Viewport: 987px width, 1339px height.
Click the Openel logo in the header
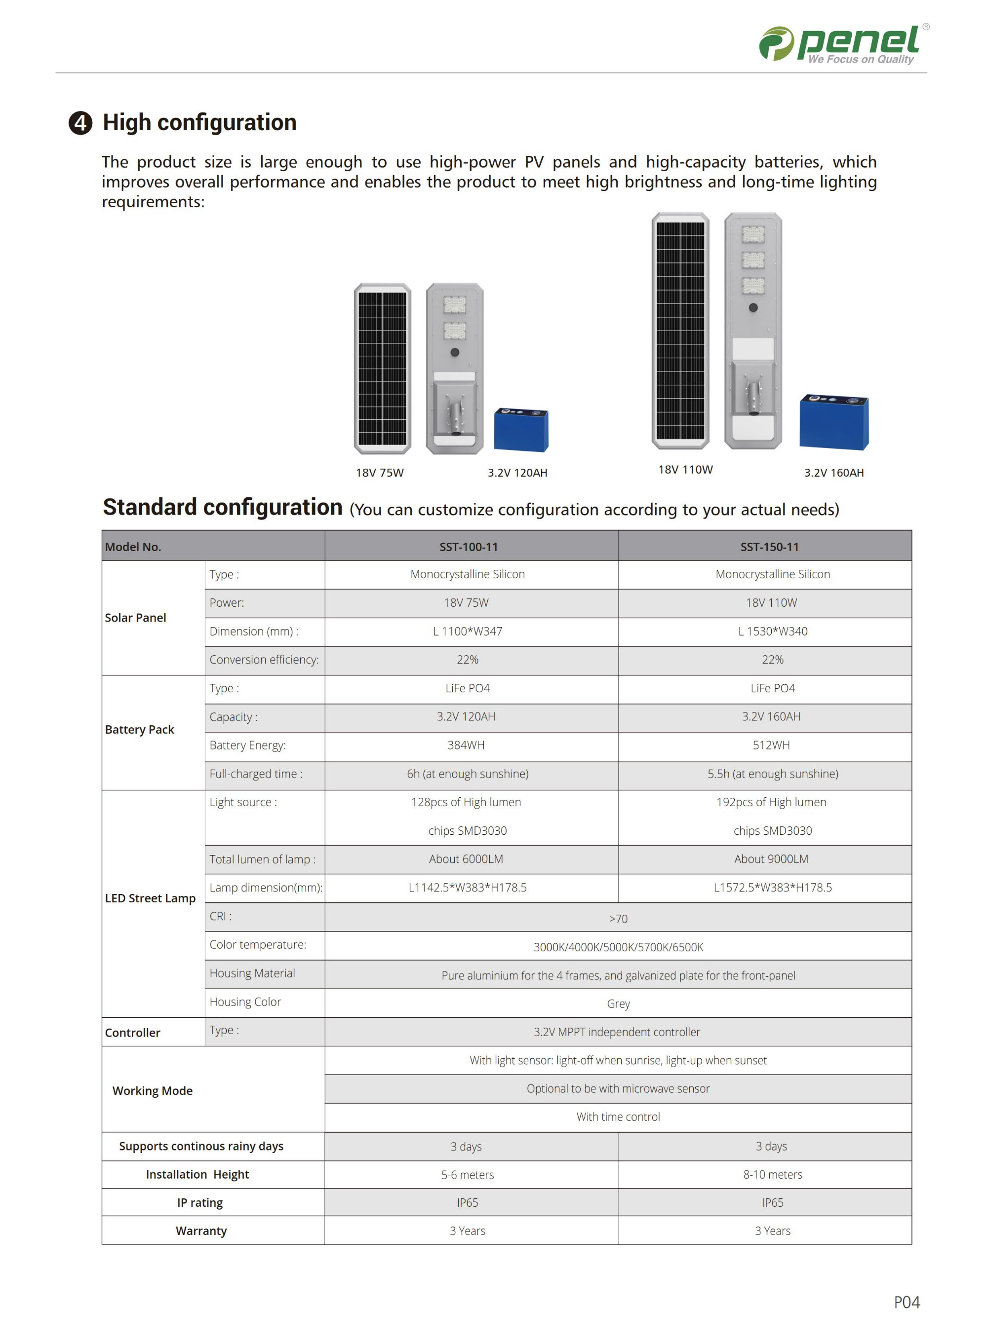842,44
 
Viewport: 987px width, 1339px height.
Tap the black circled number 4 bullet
80,123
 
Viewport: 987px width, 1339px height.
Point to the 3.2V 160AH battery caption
833,473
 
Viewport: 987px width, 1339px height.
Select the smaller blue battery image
521,429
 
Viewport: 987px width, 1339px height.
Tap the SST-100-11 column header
469,547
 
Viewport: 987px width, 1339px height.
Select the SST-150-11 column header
770,547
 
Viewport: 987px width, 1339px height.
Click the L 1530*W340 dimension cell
773,632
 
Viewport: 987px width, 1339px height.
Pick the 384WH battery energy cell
466,745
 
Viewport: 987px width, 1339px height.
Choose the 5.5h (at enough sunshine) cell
773,774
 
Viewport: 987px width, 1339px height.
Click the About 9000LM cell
771,859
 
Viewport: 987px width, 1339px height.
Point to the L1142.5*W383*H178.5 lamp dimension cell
467,888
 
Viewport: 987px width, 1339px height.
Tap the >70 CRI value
618,919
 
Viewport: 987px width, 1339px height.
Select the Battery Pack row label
139,730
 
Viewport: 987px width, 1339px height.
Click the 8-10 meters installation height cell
773,1175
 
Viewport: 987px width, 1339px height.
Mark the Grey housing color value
618,1004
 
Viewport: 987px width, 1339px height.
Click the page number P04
907,1302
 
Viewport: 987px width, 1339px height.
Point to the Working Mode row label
153,1091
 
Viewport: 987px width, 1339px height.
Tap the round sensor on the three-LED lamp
753,307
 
